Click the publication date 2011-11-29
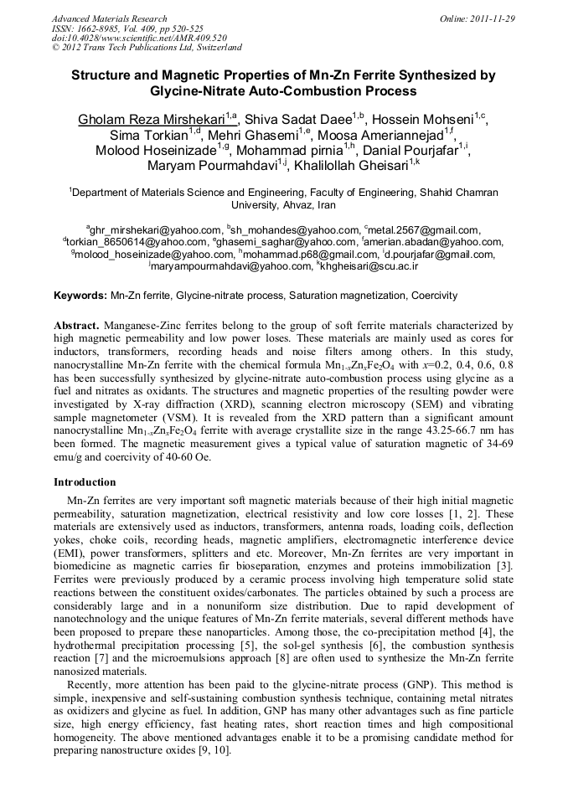494,18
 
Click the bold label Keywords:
80,296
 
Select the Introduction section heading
85,482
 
